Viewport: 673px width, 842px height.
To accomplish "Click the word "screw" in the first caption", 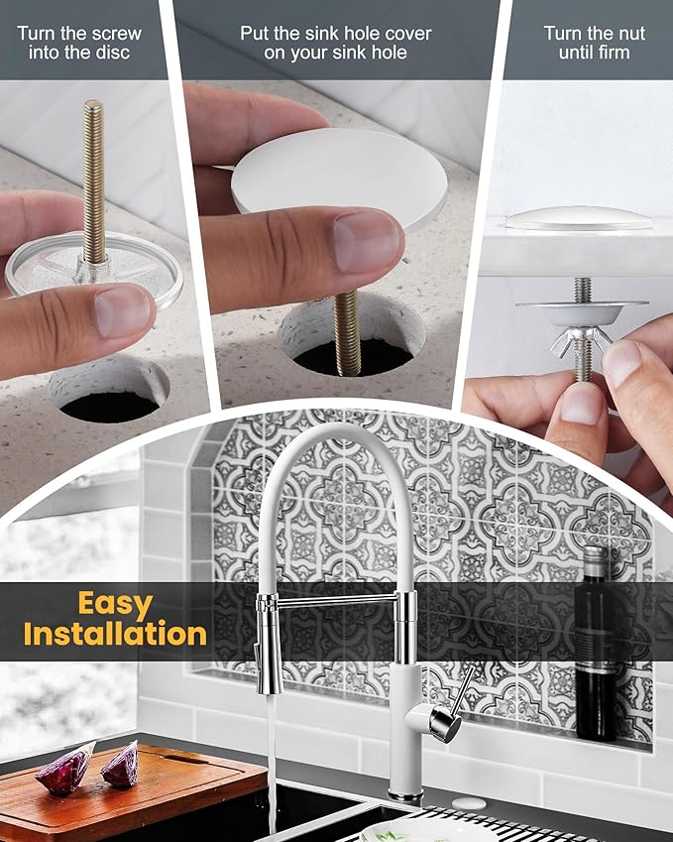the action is (x=115, y=34).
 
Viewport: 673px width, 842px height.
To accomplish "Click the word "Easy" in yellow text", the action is (x=115, y=605).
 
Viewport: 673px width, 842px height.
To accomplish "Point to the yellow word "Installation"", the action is (x=115, y=634).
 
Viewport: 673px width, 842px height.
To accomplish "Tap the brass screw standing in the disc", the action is (x=94, y=183).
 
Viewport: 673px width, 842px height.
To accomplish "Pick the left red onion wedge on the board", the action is (x=65, y=769).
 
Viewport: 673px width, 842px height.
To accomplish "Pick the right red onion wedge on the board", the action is (x=121, y=764).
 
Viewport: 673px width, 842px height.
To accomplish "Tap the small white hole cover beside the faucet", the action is (x=469, y=803).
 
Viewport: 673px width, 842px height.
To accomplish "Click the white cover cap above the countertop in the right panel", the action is (x=578, y=218).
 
